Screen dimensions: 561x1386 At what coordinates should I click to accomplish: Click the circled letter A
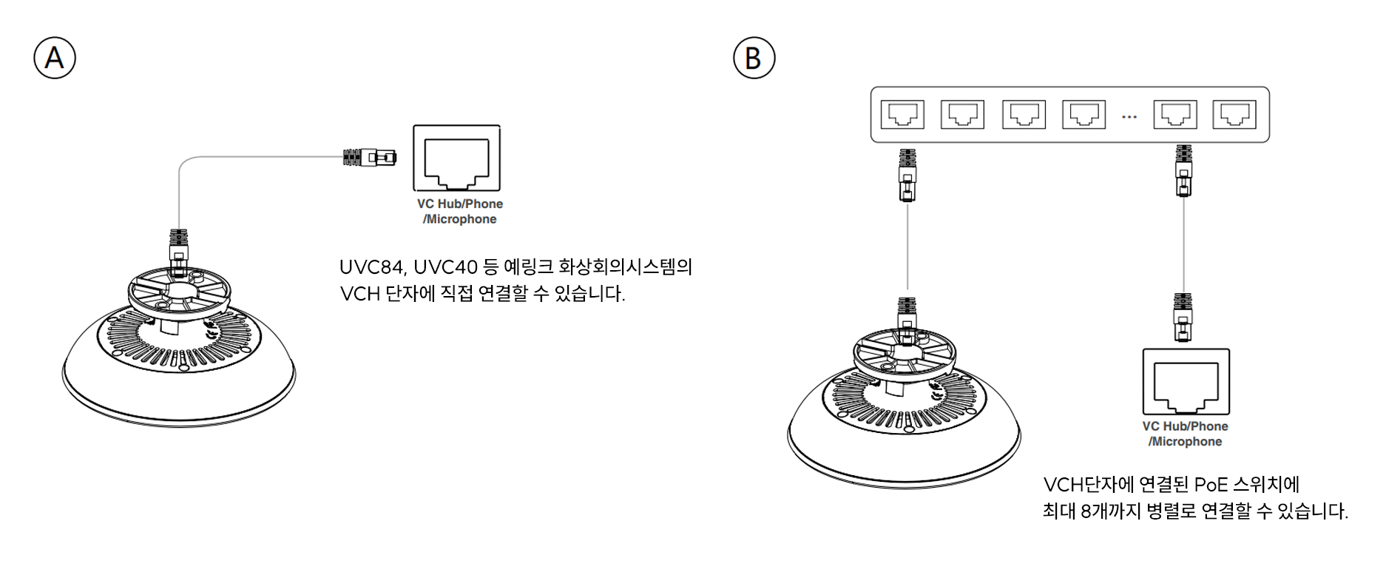[55, 58]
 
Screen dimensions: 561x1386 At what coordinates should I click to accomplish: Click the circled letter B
[754, 58]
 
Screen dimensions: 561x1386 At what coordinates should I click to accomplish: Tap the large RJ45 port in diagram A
[456, 159]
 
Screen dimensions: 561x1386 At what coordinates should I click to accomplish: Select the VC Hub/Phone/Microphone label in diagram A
[460, 212]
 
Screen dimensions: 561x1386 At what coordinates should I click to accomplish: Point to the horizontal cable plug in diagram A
[370, 157]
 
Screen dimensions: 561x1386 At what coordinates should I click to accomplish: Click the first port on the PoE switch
[902, 115]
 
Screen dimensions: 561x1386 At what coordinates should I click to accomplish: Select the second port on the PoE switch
[962, 115]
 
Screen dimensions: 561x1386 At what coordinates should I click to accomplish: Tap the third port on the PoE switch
[1024, 115]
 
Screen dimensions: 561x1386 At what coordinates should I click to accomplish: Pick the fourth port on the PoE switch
[1084, 115]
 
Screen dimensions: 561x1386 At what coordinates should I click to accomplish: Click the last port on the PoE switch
[1234, 115]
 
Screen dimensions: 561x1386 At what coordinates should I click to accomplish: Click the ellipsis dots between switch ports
[1129, 117]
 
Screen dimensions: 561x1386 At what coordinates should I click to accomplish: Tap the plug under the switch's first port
[907, 175]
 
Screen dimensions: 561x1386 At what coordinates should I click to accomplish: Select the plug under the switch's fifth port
[1184, 171]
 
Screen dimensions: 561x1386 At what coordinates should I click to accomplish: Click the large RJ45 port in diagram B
[1186, 382]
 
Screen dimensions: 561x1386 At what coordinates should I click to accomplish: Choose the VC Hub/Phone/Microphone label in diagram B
[1186, 434]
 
